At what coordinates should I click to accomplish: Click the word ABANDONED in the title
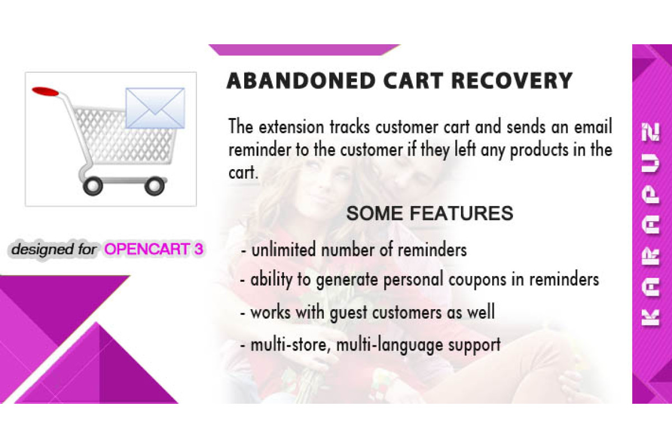(301, 81)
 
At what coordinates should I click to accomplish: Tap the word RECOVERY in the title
(512, 81)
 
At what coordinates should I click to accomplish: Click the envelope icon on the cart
(155, 108)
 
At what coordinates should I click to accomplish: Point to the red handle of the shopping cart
(45, 91)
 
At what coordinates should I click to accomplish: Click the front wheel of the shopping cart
(155, 186)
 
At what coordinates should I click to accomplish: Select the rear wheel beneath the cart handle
(93, 186)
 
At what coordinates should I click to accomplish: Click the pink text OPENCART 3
(153, 249)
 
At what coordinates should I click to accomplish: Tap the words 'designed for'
(54, 249)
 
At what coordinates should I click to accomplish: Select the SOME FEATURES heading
(430, 213)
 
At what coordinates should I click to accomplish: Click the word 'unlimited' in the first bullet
(283, 250)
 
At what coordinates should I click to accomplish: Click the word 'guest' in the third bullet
(348, 313)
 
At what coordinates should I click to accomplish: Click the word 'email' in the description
(593, 127)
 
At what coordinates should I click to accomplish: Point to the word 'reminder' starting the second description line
(259, 150)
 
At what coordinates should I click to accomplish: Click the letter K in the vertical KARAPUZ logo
(650, 318)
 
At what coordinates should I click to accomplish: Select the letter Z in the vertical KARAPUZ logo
(650, 132)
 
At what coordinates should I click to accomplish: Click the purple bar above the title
(304, 50)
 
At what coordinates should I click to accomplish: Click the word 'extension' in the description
(291, 127)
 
